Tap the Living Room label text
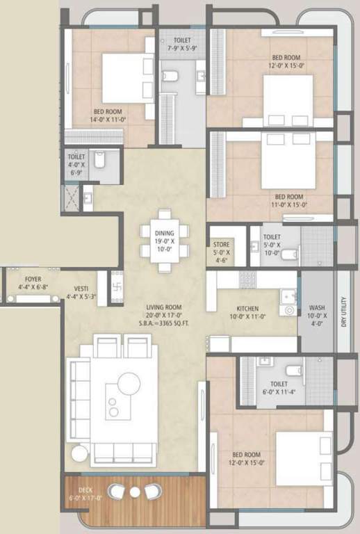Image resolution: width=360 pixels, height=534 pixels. coord(163,307)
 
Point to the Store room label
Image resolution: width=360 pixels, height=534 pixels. coord(222,245)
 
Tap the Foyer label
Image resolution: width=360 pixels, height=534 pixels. coord(33,279)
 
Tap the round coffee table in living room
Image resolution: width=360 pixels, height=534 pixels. coord(129,382)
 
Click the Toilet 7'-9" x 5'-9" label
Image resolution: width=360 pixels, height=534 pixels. coord(182,44)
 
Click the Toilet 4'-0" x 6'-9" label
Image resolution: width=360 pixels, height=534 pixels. coord(76,161)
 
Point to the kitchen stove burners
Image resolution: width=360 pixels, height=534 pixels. coord(248,279)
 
